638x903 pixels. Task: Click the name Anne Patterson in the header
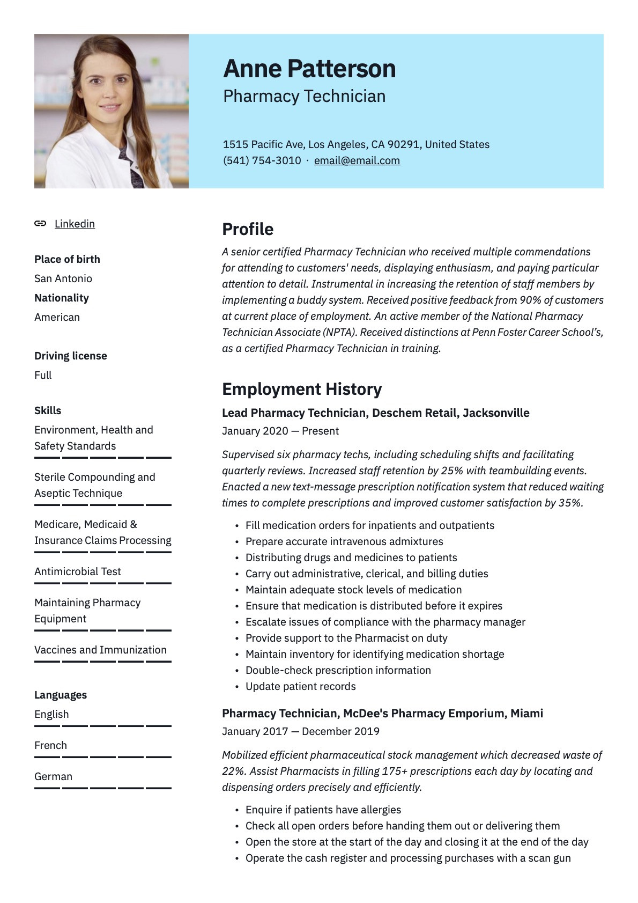(x=309, y=69)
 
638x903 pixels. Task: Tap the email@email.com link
(x=357, y=160)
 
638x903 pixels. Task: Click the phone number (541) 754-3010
(x=262, y=160)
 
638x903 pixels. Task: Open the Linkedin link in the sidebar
(x=75, y=224)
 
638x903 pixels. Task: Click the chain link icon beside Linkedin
(x=40, y=224)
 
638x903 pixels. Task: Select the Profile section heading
(x=248, y=229)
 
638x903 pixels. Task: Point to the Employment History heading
(x=302, y=389)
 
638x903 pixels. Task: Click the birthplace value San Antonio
(x=63, y=278)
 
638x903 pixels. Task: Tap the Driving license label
(x=70, y=356)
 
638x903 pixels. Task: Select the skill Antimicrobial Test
(x=78, y=571)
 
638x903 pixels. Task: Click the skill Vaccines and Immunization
(x=100, y=650)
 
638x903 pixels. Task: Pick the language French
(x=50, y=745)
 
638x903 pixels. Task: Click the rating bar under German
(x=102, y=788)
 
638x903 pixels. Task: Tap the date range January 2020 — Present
(x=280, y=431)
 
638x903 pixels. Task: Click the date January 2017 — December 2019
(x=300, y=731)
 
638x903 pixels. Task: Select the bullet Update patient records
(x=300, y=686)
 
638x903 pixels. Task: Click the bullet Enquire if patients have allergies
(x=323, y=810)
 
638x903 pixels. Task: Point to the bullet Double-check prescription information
(x=338, y=670)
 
